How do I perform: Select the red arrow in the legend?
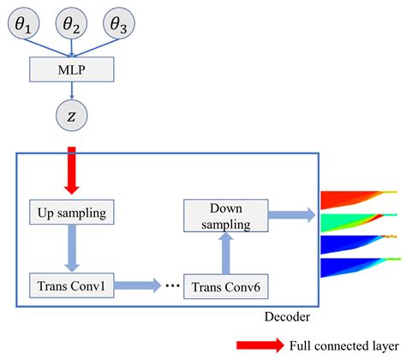260,345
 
